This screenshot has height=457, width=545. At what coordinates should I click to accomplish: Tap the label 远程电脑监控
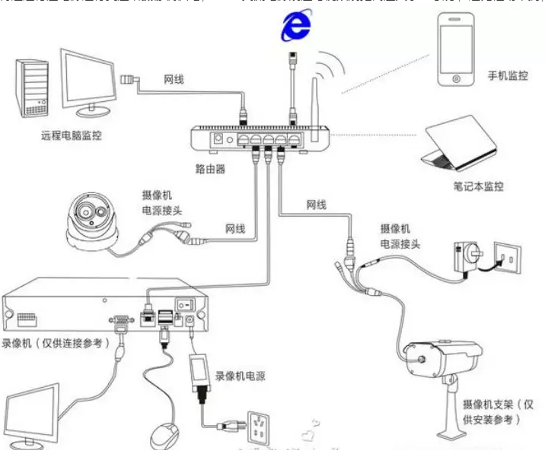(x=72, y=137)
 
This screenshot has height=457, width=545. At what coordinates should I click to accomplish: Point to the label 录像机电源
(x=240, y=375)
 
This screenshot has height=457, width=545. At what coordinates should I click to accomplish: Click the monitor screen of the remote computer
(x=88, y=81)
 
